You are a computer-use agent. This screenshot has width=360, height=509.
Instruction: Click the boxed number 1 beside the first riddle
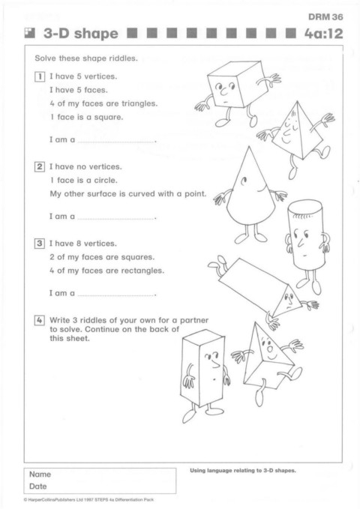coord(40,77)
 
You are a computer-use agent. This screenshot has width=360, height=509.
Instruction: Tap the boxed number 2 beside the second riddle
coord(40,167)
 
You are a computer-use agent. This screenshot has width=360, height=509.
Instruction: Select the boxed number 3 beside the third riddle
coord(40,244)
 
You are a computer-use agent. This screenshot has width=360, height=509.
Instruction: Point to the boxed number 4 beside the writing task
coord(40,320)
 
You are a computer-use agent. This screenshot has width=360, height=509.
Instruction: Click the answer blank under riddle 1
coord(116,142)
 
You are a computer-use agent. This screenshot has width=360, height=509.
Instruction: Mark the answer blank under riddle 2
coord(116,219)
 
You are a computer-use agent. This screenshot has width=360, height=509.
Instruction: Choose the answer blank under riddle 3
coord(116,295)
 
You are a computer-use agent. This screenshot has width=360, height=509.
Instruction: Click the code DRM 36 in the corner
coord(325,17)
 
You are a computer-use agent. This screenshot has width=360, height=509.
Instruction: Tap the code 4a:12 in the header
coord(323,34)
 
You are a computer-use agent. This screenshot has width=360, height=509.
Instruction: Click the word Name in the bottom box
coord(40,475)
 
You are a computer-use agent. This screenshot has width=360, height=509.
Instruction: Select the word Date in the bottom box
coord(38,487)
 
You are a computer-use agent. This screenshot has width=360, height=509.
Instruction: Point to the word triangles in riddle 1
coord(139,104)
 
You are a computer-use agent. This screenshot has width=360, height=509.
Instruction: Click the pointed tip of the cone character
coord(249,147)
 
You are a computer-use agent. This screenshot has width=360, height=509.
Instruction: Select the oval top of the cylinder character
coord(304,207)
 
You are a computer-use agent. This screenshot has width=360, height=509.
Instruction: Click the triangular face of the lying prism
coord(285,301)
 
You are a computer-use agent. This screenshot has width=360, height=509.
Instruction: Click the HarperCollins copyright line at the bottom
coord(88,500)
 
